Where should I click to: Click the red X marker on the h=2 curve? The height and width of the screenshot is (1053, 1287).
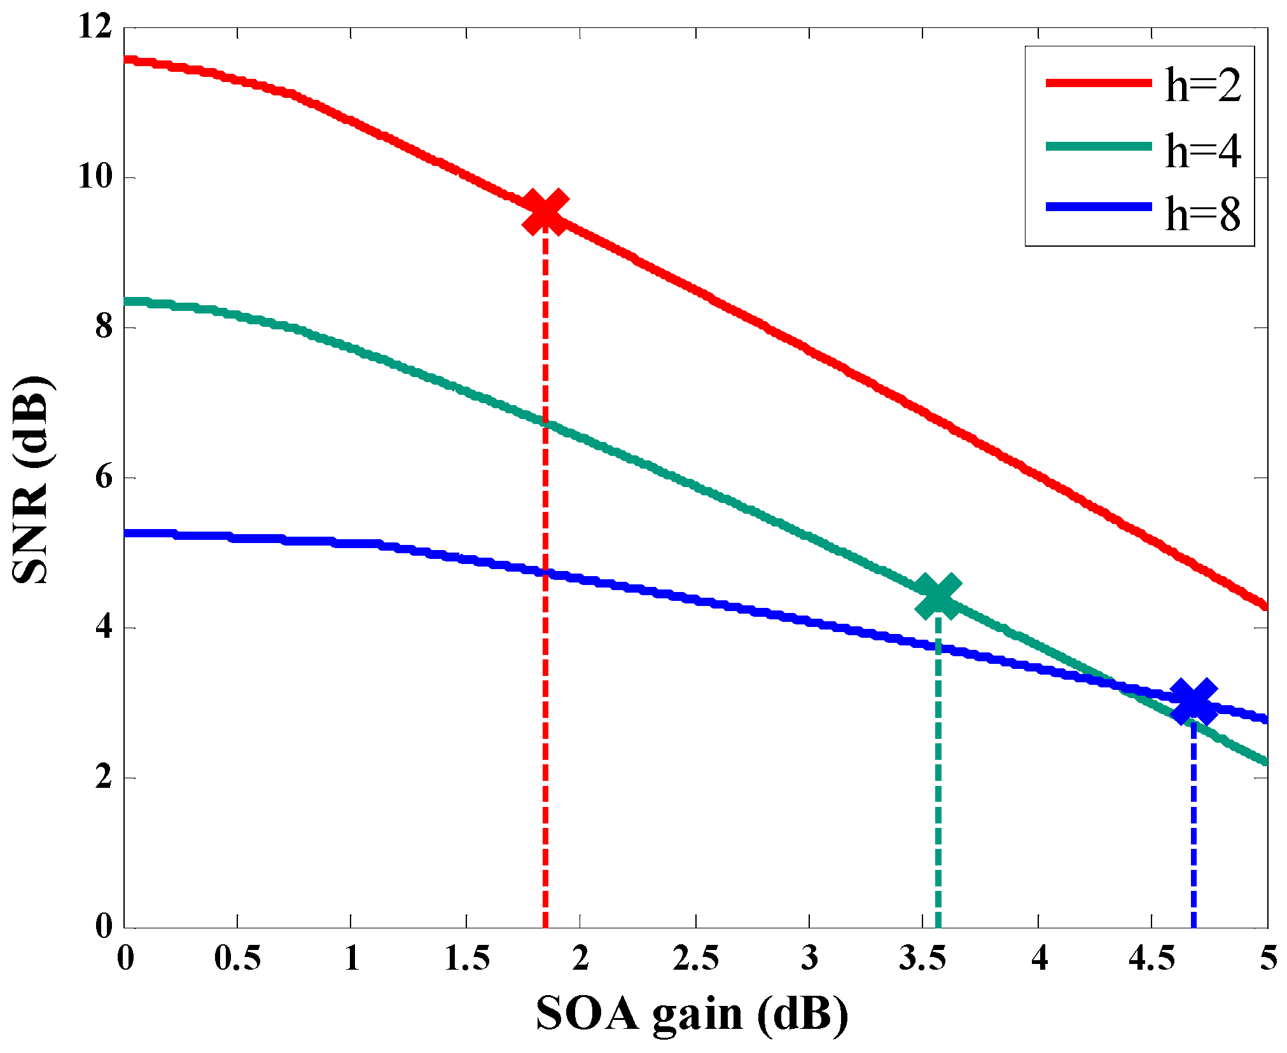[x=545, y=212]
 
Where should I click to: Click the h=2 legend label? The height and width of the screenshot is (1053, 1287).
[x=1202, y=86]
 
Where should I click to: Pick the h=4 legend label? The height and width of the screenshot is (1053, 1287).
[x=1202, y=151]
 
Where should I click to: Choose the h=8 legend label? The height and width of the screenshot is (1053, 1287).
[x=1202, y=214]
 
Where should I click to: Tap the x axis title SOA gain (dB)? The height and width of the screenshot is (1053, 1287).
[x=692, y=1014]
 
